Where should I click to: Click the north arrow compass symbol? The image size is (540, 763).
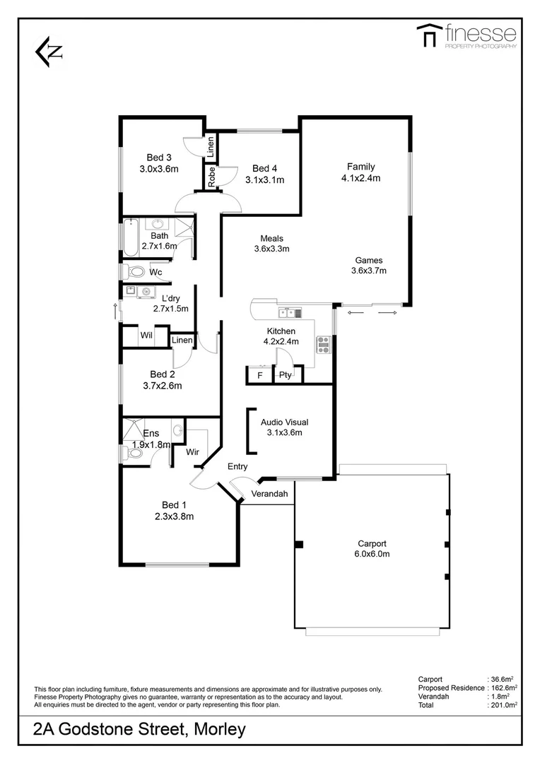(x=49, y=52)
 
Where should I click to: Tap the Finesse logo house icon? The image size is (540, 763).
(x=427, y=36)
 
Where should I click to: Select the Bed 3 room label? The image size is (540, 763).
(x=159, y=158)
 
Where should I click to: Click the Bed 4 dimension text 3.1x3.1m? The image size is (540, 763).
(x=264, y=180)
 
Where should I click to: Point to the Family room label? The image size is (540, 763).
(x=360, y=167)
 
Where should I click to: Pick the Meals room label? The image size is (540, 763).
(x=272, y=238)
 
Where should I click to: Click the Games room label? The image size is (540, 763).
(x=368, y=259)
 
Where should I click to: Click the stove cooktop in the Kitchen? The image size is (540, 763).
(x=324, y=344)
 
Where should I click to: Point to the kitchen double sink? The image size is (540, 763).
(x=290, y=313)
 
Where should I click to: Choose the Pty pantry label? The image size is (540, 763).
(x=285, y=375)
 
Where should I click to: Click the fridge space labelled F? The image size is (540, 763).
(x=259, y=376)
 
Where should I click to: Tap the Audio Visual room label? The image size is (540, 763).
(x=284, y=422)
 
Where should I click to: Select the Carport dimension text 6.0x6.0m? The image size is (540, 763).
(x=372, y=554)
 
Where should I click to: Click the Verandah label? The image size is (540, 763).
(x=269, y=494)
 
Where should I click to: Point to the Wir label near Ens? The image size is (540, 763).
(x=192, y=451)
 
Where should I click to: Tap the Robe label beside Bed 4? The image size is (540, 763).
(x=211, y=176)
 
